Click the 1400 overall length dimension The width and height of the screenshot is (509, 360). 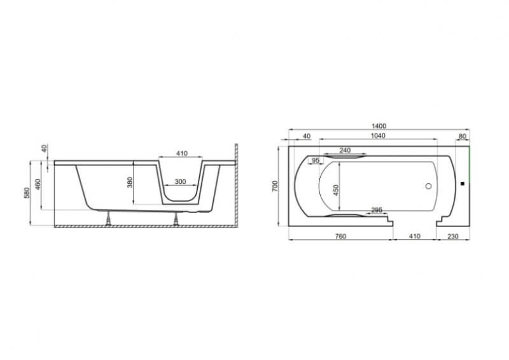pos(379,126)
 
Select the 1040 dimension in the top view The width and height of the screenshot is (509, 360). pos(378,135)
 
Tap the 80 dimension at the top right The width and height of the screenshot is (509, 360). pos(463,136)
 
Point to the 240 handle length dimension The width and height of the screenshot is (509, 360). pos(345,150)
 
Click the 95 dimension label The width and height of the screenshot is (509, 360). pos(316,160)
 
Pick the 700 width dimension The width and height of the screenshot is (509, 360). pos(275,186)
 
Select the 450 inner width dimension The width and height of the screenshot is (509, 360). pos(336,190)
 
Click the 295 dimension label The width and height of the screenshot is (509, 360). pos(377,210)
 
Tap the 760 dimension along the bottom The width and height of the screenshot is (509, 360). pos(340,237)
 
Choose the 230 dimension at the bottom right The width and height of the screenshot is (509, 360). pos(453,237)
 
